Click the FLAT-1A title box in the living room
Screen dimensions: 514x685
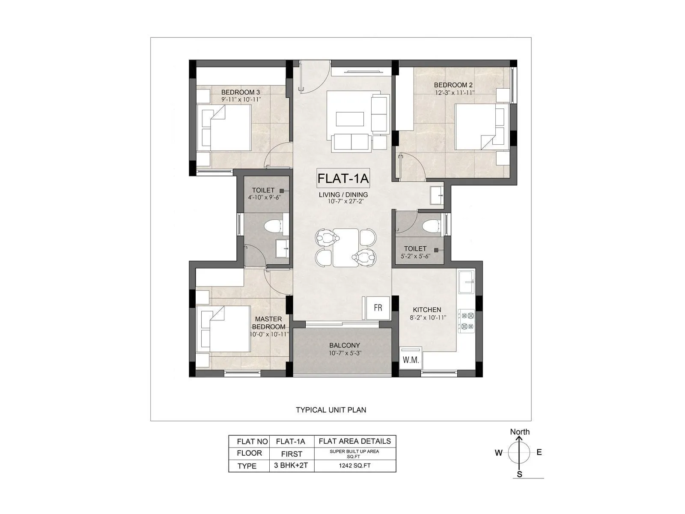tap(343, 178)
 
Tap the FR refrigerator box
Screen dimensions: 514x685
tap(378, 308)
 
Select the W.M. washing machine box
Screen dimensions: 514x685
tap(411, 360)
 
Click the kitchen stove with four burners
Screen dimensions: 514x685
tap(466, 321)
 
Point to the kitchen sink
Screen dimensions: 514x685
tap(466, 281)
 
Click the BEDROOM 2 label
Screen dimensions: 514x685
tap(453, 85)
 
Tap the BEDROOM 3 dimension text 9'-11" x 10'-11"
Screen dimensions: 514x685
tap(241, 99)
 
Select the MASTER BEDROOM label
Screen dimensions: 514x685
tap(268, 323)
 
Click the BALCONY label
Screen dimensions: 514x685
tap(344, 345)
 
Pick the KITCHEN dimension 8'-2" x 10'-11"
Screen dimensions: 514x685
tap(427, 317)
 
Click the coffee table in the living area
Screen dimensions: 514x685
tap(350, 119)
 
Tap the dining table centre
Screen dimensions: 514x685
tap(345, 248)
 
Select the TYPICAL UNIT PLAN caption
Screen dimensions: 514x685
tap(331, 410)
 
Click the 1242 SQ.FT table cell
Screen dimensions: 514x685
tap(355, 466)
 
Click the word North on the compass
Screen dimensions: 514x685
tap(519, 432)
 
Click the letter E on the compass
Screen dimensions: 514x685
tap(539, 452)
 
